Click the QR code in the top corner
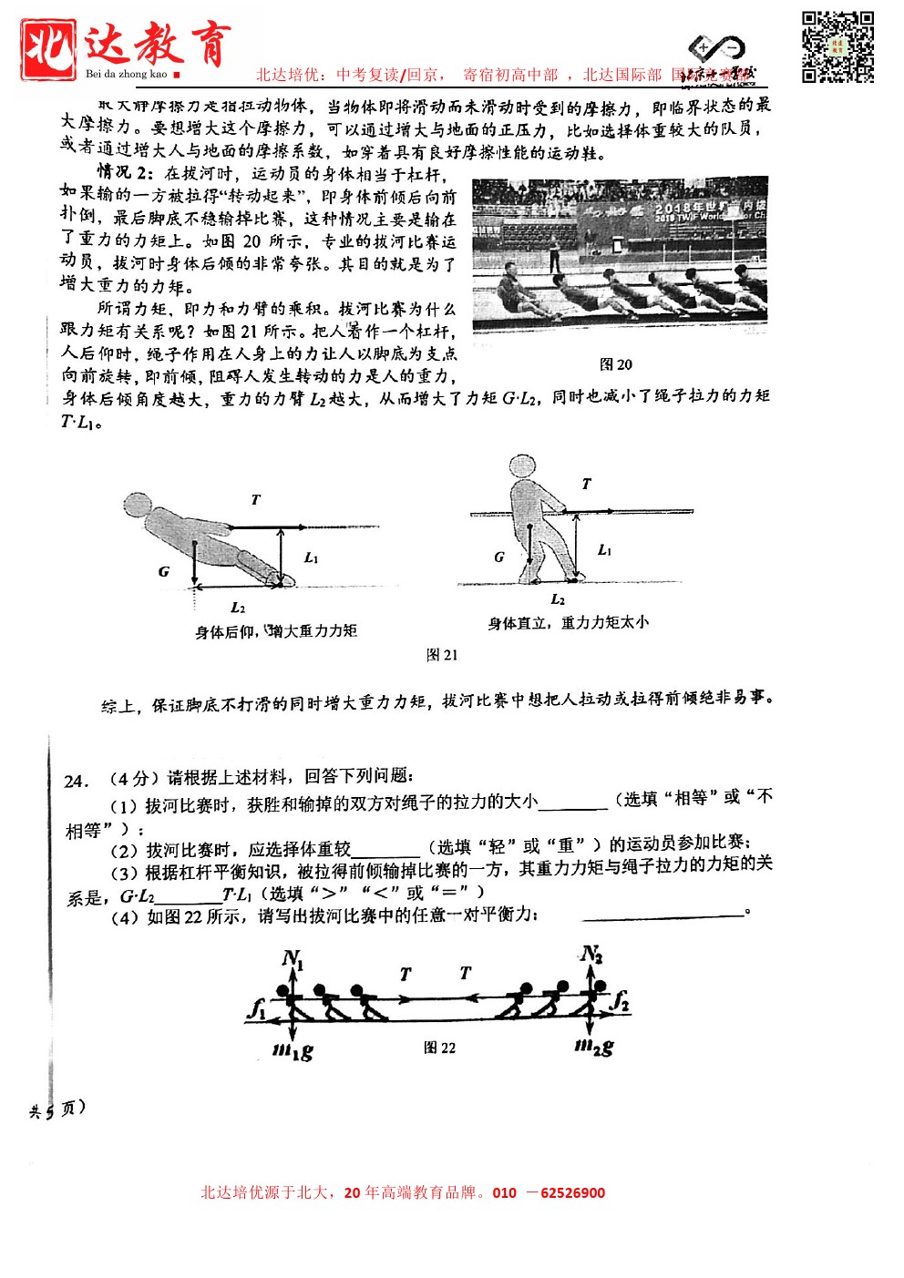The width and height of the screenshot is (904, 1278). click(x=837, y=47)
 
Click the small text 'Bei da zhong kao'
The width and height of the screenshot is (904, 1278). click(x=127, y=74)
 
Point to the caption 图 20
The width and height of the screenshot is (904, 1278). click(x=616, y=364)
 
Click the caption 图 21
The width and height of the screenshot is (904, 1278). click(x=442, y=654)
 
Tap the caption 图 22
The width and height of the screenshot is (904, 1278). click(x=439, y=1048)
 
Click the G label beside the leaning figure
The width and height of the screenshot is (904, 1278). click(x=164, y=571)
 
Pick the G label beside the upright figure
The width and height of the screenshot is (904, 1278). click(x=499, y=557)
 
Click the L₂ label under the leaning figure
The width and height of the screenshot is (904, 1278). click(x=238, y=608)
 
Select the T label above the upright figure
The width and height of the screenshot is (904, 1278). click(x=586, y=484)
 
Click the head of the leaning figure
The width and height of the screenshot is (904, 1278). click(x=138, y=506)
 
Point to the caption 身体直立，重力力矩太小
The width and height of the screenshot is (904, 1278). click(x=568, y=622)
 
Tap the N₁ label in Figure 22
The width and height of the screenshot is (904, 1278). click(x=293, y=958)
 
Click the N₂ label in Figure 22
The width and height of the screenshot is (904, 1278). click(x=591, y=954)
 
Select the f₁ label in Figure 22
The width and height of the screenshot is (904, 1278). click(x=257, y=1008)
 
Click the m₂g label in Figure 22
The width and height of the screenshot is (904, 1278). click(x=594, y=1048)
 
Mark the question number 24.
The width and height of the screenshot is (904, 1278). click(x=77, y=781)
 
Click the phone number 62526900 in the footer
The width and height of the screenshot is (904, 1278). click(x=572, y=1192)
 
